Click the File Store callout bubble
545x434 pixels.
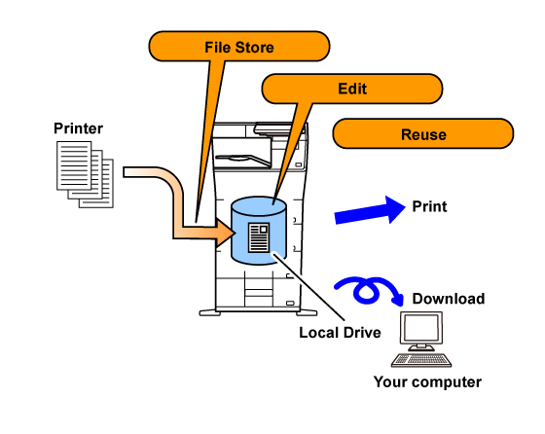(239, 46)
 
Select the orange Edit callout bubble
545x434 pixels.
(352, 89)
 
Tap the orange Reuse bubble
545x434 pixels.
(423, 133)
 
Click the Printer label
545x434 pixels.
(78, 128)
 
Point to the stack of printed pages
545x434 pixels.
(86, 174)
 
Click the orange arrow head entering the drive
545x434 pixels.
(225, 233)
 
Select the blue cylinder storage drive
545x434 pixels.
(259, 231)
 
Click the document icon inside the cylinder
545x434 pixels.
(259, 237)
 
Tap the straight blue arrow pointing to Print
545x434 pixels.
(370, 210)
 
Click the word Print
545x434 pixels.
(429, 206)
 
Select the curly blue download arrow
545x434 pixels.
(369, 290)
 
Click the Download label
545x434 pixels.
(449, 299)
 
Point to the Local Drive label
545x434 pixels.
(340, 333)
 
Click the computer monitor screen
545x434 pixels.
(421, 328)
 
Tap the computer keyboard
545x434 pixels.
(421, 360)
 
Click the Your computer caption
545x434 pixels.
(427, 382)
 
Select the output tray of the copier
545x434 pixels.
(243, 160)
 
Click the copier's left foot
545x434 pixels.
(209, 312)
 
